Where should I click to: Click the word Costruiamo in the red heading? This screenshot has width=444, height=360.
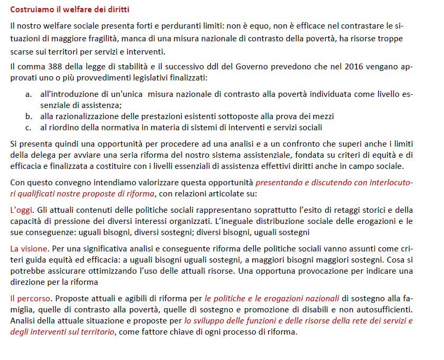click(x=31, y=10)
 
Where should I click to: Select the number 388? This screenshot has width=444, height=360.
click(x=55, y=68)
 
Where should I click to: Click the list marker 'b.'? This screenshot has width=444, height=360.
click(x=29, y=116)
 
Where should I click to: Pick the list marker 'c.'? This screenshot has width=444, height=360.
click(x=29, y=127)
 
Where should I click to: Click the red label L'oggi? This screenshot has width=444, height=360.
click(x=21, y=210)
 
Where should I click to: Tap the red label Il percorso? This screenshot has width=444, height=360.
click(x=31, y=298)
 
